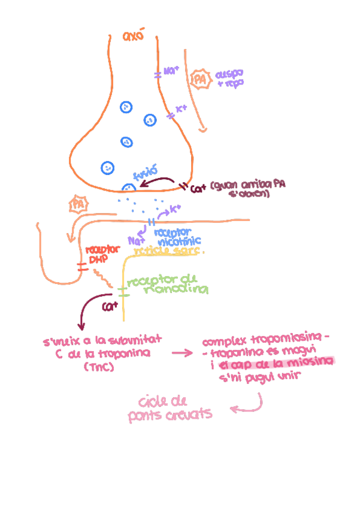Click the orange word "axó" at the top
(x=134, y=37)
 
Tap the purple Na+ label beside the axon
(x=171, y=72)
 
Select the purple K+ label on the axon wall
(x=181, y=109)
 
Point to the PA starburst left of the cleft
(x=78, y=204)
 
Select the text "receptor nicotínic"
(x=177, y=236)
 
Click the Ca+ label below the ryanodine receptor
(x=108, y=307)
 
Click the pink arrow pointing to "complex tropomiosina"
(x=183, y=353)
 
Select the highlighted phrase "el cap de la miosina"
(x=276, y=362)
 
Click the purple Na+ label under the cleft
(x=134, y=240)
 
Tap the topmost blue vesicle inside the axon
(x=126, y=107)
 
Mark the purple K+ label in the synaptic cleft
(x=176, y=208)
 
